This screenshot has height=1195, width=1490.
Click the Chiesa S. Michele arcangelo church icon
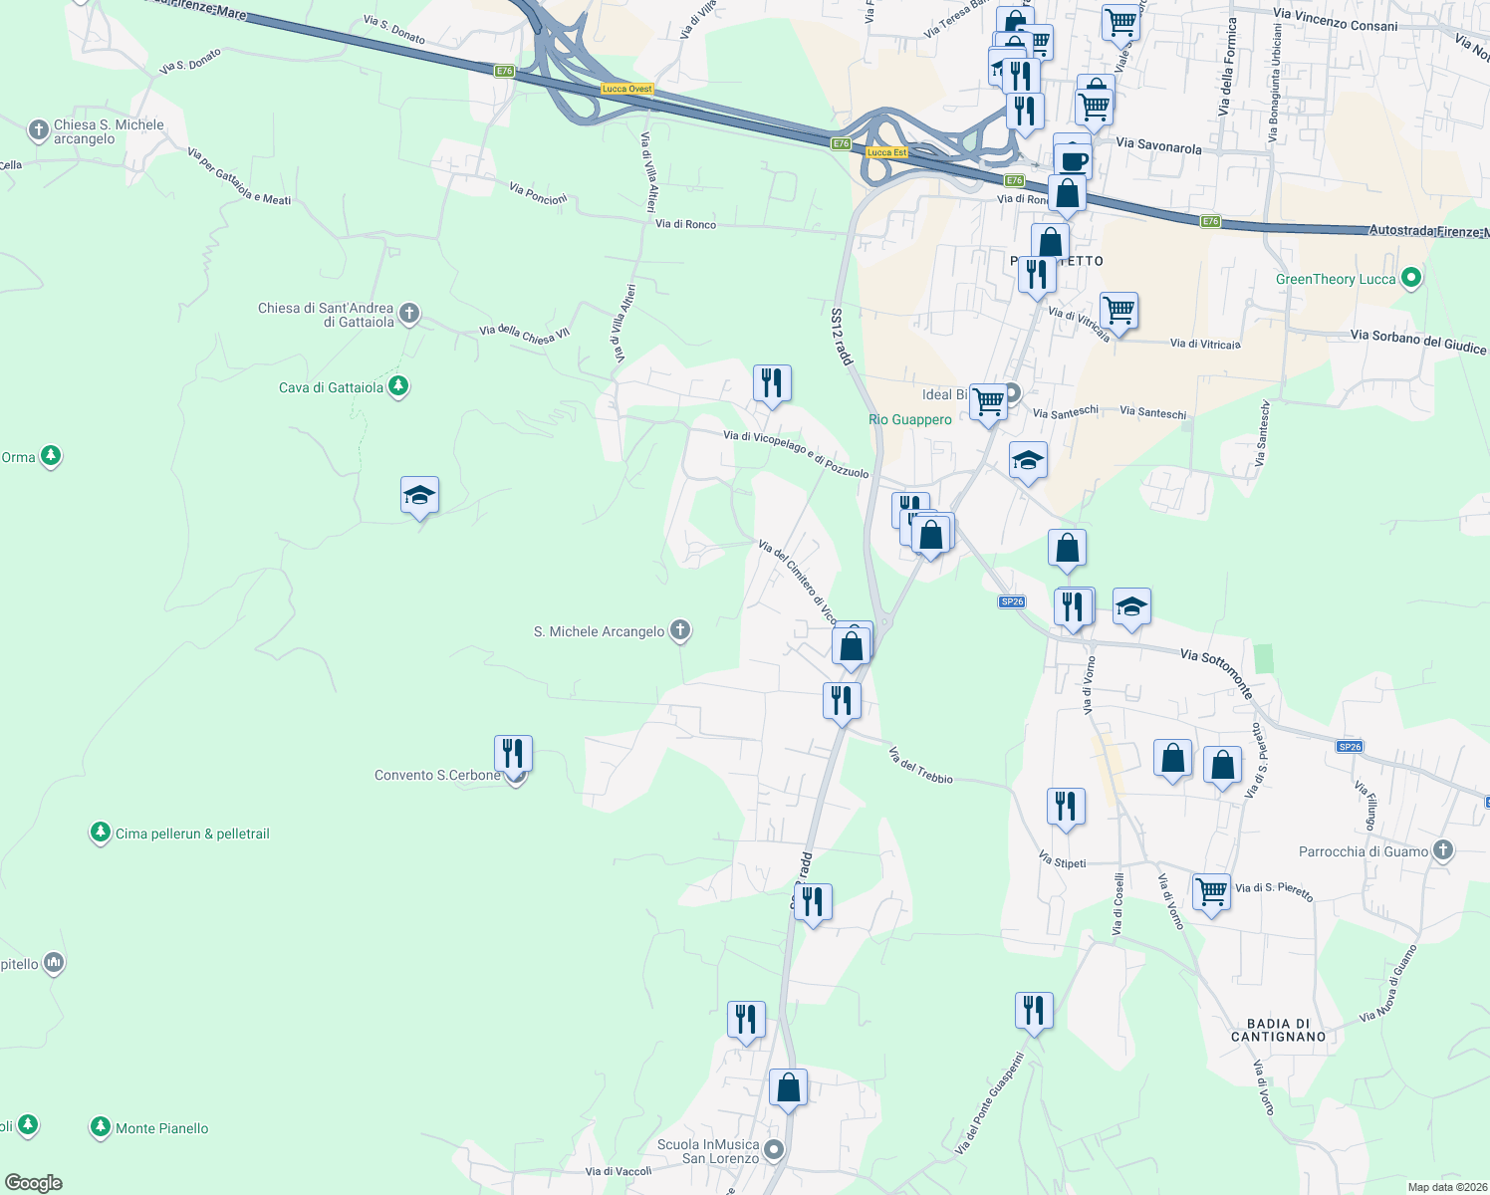[x=38, y=130]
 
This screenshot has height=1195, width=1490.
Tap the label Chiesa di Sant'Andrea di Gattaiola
[x=326, y=315]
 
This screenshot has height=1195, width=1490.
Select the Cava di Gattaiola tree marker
[x=398, y=386]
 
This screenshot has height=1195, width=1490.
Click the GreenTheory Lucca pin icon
[x=1410, y=278]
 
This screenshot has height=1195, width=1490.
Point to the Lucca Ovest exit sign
[x=626, y=90]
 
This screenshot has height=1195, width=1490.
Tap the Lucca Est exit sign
[x=886, y=152]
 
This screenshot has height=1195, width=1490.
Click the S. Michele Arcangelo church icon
[x=680, y=630]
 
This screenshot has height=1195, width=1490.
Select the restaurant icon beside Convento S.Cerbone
[x=513, y=753]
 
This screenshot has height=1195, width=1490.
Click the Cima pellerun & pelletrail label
[x=192, y=834]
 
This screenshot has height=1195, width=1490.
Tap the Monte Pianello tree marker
[x=100, y=1127]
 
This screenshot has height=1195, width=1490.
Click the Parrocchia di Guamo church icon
[x=1443, y=850]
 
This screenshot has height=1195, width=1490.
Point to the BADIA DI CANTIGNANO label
[x=1278, y=1031]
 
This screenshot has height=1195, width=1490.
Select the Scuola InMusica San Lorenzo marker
[x=773, y=1151]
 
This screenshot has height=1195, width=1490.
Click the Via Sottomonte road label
[x=1216, y=673]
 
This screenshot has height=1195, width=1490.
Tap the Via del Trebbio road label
[x=920, y=765]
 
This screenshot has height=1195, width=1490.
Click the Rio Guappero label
[x=909, y=419]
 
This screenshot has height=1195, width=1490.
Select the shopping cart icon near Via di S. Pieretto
[x=1211, y=891]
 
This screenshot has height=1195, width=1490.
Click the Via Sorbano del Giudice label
[x=1418, y=342]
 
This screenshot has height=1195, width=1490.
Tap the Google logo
[x=34, y=1183]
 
